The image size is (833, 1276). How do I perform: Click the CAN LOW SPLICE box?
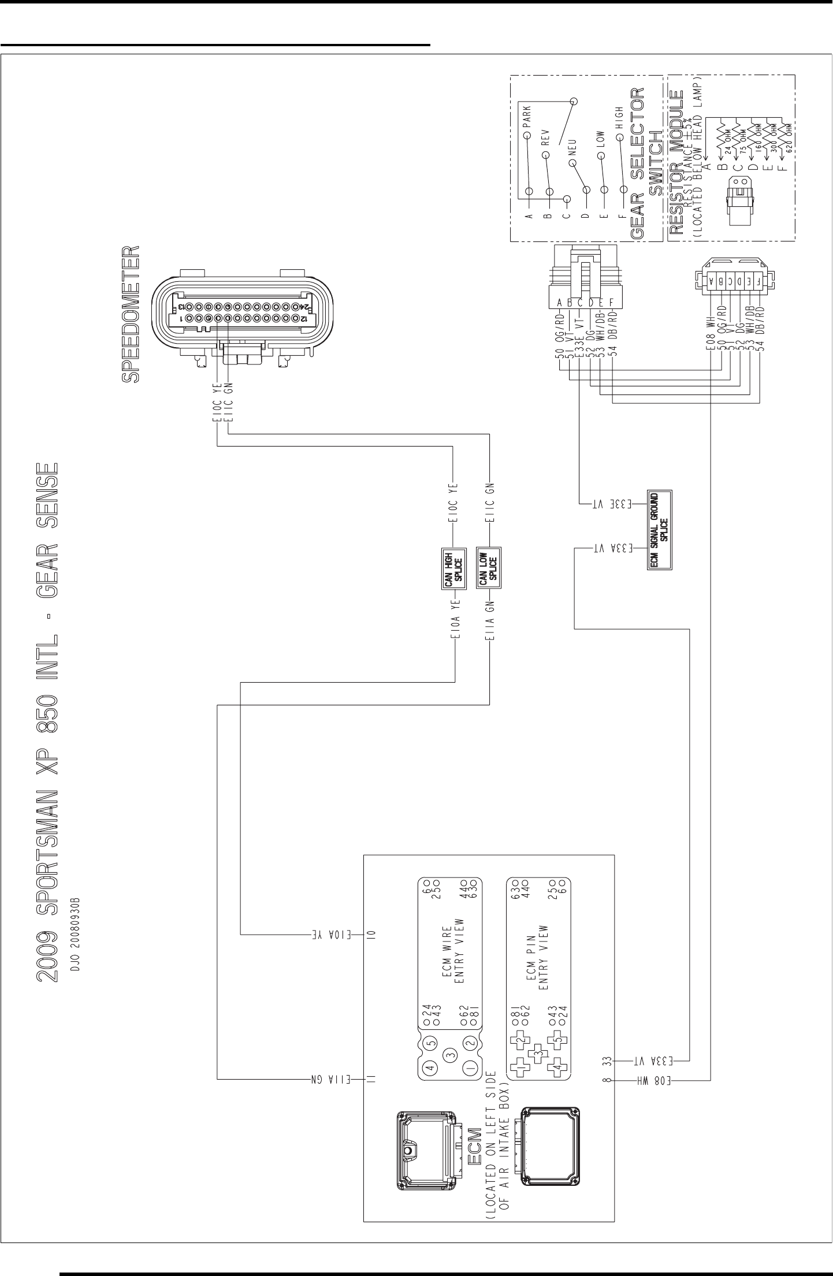click(489, 568)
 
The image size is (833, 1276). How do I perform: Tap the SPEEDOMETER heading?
click(131, 315)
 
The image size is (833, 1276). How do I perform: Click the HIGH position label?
click(619, 118)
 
